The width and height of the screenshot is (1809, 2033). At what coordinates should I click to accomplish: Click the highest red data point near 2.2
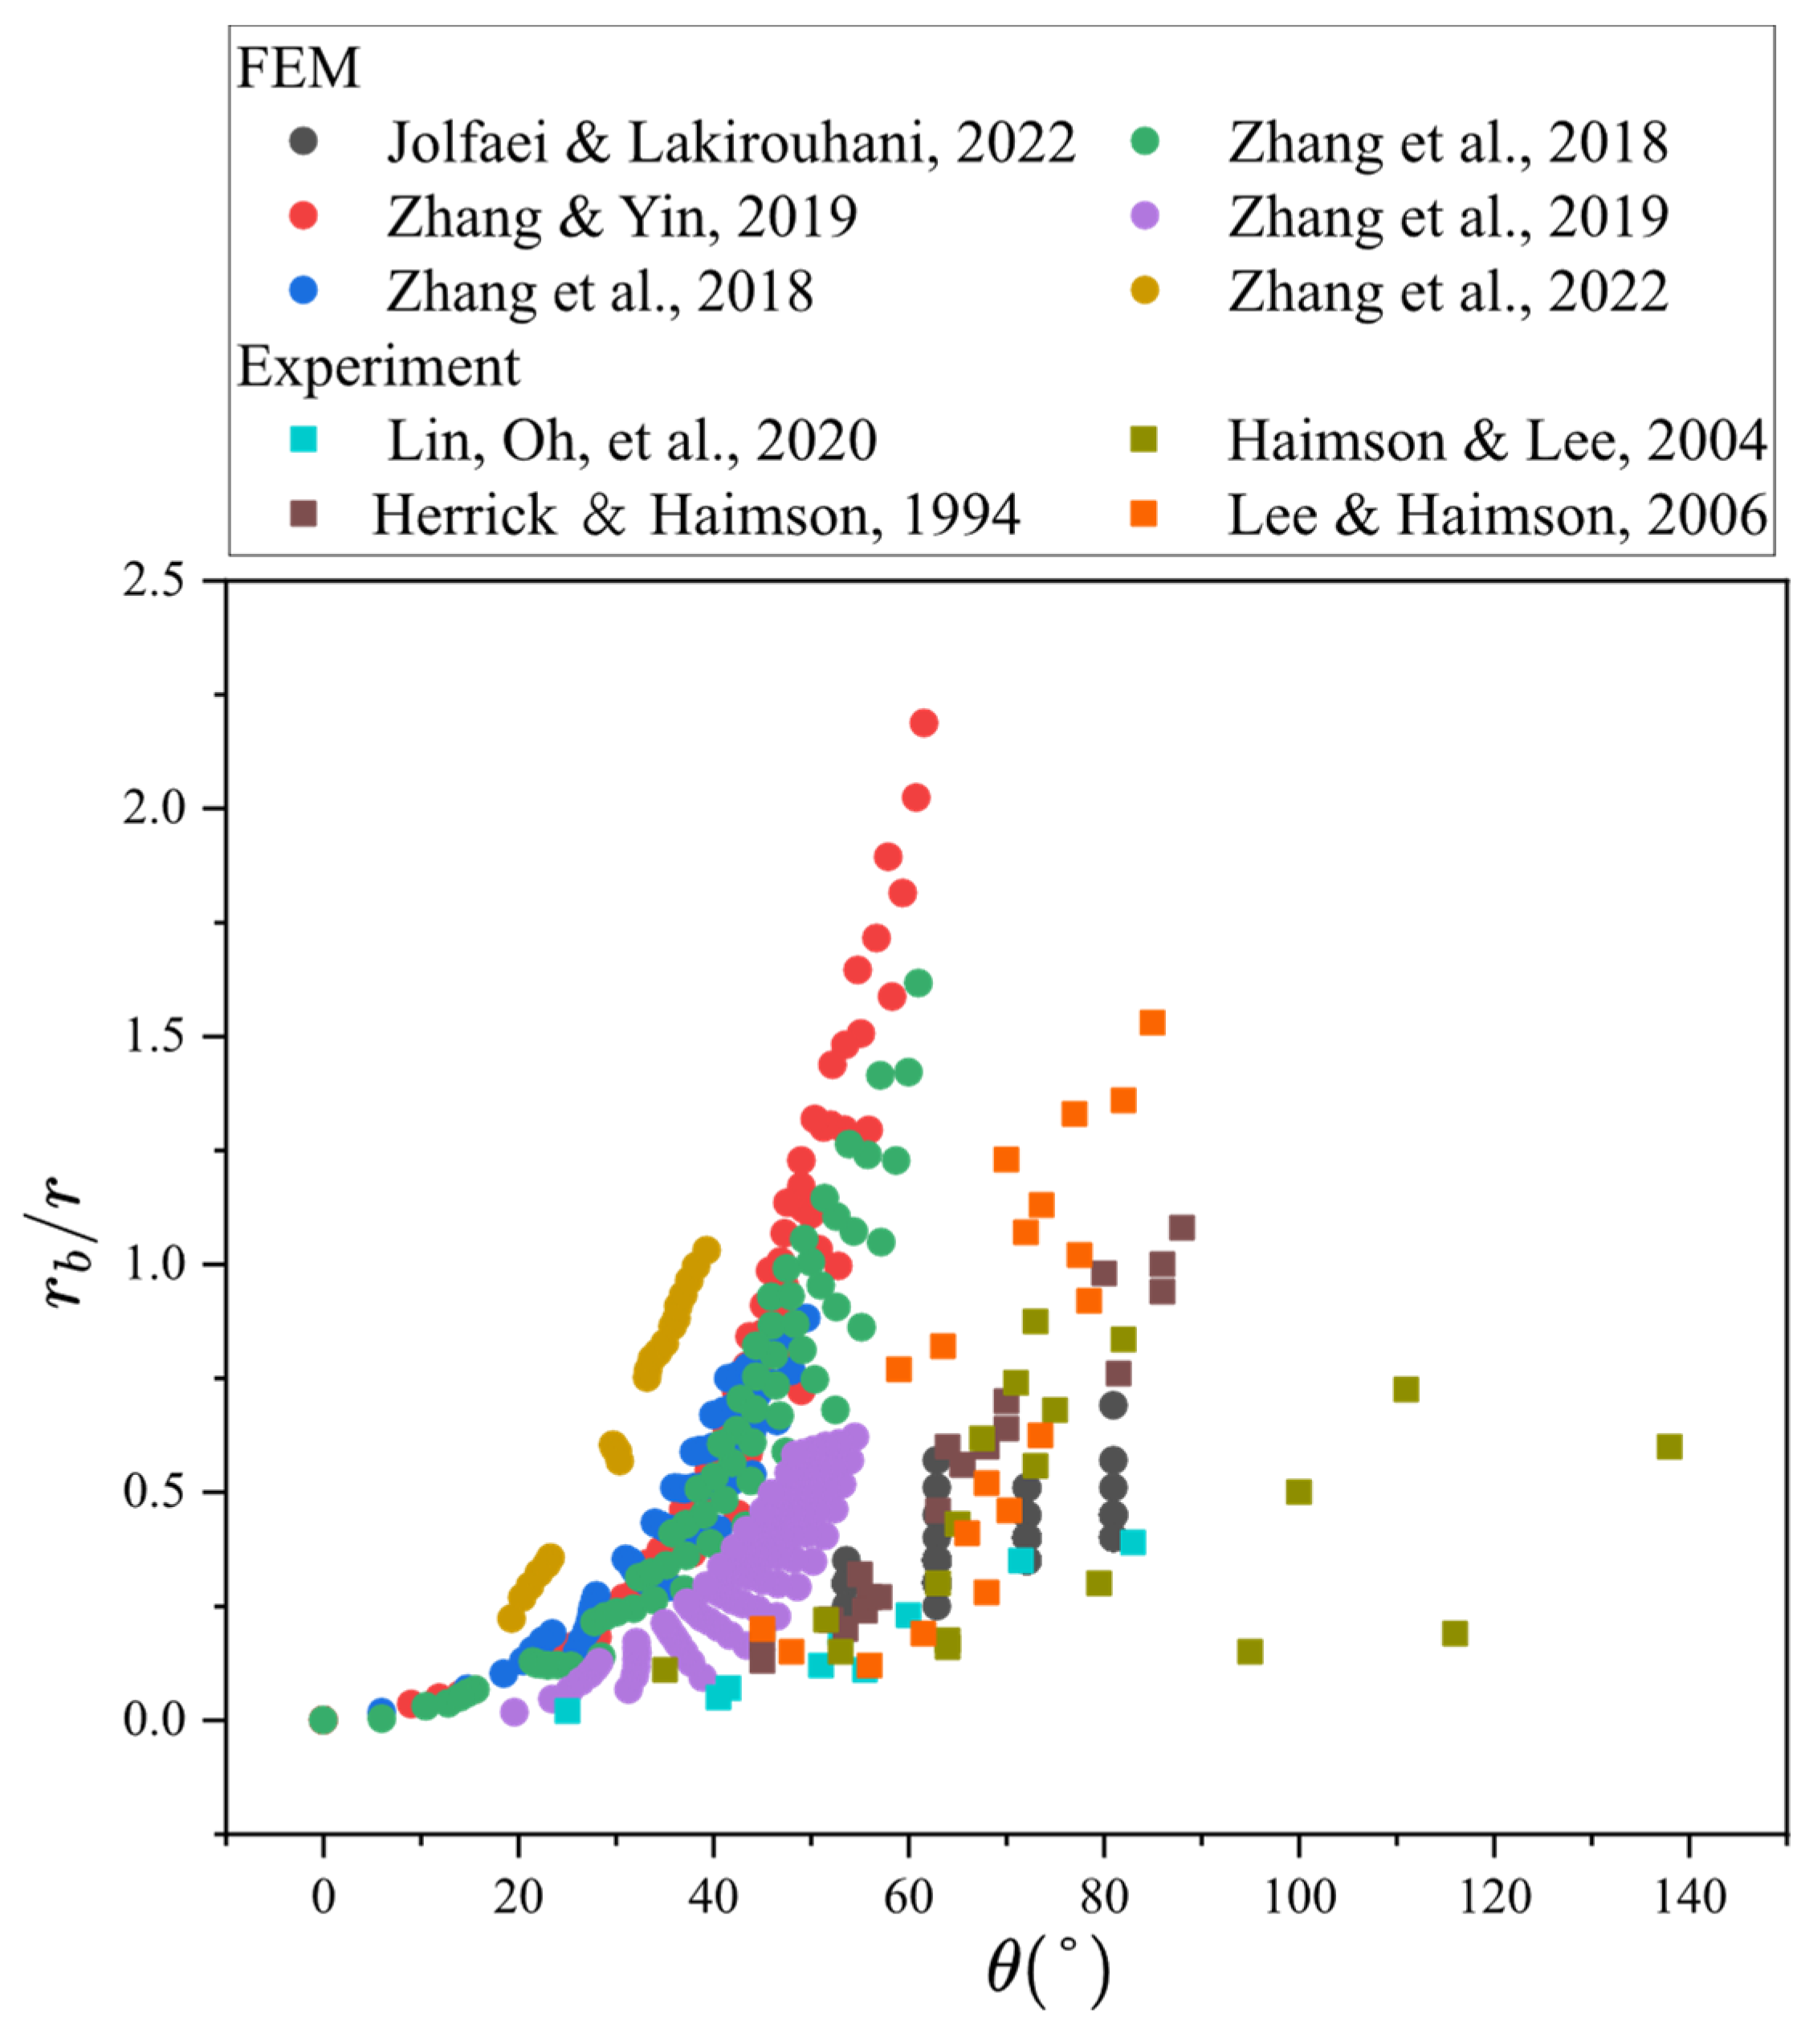pos(924,723)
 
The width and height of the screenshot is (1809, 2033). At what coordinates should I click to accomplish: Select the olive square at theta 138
pos(1670,1447)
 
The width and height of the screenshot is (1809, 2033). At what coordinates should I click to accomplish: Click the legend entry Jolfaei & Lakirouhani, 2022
pos(731,142)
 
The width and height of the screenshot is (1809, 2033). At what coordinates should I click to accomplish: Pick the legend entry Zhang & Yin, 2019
pos(621,217)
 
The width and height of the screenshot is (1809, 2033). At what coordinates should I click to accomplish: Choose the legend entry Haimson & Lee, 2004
pos(1497,441)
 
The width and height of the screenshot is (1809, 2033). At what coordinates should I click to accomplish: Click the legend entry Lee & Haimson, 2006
pos(1497,515)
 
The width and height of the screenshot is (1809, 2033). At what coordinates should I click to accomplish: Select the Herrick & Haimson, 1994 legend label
pos(696,515)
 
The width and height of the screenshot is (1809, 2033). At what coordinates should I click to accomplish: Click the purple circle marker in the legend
pos(1146,216)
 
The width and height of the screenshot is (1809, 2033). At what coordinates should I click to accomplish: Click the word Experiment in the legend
pos(378,367)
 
